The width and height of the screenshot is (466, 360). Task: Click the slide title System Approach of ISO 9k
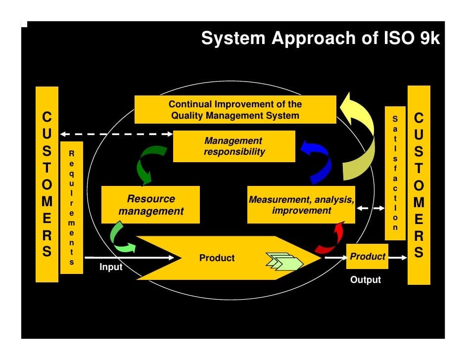click(x=320, y=39)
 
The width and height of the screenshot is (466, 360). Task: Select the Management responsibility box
click(x=234, y=146)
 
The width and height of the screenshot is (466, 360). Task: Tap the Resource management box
click(x=150, y=205)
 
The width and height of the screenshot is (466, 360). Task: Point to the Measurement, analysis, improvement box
click(x=301, y=205)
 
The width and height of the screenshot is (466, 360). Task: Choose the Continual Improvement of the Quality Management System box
click(x=235, y=110)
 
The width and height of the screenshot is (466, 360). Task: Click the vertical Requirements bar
click(x=71, y=208)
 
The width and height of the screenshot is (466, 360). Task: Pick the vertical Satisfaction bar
click(x=395, y=173)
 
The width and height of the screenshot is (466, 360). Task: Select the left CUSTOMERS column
click(x=47, y=184)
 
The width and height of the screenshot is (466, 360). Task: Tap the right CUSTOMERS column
click(x=419, y=184)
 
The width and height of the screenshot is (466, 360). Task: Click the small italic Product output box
click(x=367, y=257)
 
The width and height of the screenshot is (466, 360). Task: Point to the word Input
click(x=111, y=267)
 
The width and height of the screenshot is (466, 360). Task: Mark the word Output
click(x=366, y=280)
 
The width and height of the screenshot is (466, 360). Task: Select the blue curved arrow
click(x=317, y=161)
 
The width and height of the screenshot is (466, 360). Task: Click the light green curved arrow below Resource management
click(x=121, y=237)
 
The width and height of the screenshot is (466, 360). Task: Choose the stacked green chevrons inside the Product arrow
click(x=284, y=261)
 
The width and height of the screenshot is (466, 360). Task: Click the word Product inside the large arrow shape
click(x=217, y=258)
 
